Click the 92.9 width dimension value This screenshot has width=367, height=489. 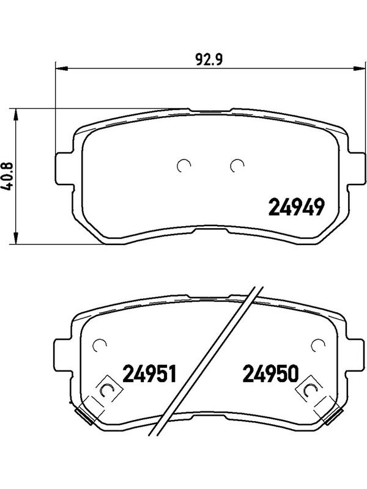tap(209, 59)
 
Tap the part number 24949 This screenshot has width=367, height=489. tap(297, 208)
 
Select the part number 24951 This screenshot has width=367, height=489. tap(150, 373)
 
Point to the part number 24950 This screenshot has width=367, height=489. tap(270, 373)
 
